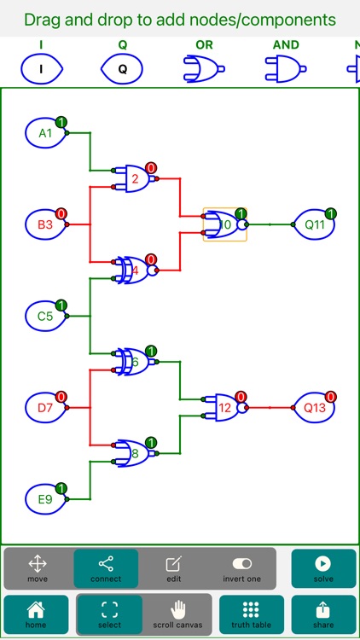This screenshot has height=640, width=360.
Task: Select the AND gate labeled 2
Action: coord(136,178)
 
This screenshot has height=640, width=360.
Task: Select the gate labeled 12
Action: coord(226,408)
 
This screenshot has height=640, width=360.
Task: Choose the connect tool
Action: coord(105,568)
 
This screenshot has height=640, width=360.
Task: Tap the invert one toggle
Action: coord(241,568)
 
